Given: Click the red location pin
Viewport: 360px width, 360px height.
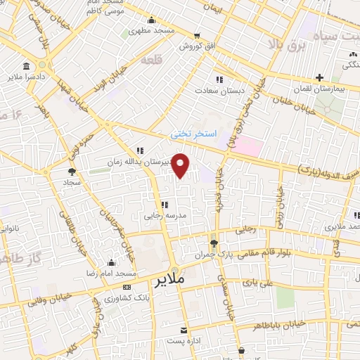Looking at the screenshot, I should coord(181,165).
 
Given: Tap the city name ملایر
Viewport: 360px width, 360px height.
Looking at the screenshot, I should coord(170,280).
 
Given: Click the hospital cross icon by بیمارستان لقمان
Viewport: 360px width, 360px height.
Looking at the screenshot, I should coord(319,77).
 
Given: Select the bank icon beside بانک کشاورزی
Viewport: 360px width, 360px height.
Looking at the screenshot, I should coord(127,287).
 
